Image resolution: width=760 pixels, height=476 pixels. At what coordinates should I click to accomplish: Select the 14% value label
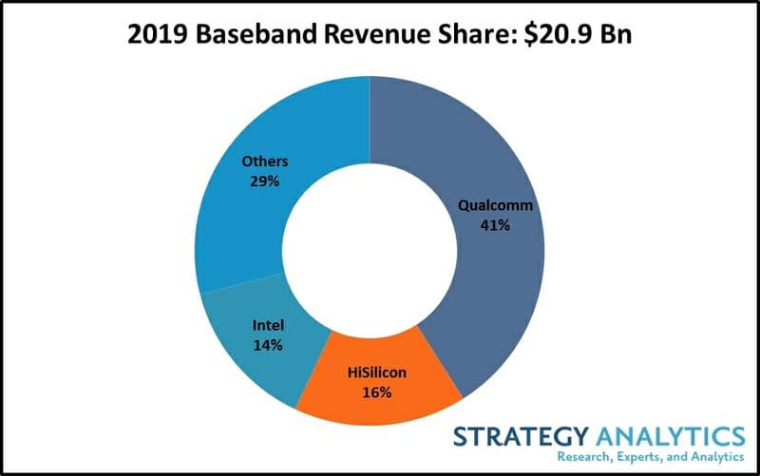tap(267, 345)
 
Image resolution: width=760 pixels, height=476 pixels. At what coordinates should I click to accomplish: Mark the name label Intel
tap(267, 325)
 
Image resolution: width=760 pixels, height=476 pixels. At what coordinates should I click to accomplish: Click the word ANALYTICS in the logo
tap(674, 437)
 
